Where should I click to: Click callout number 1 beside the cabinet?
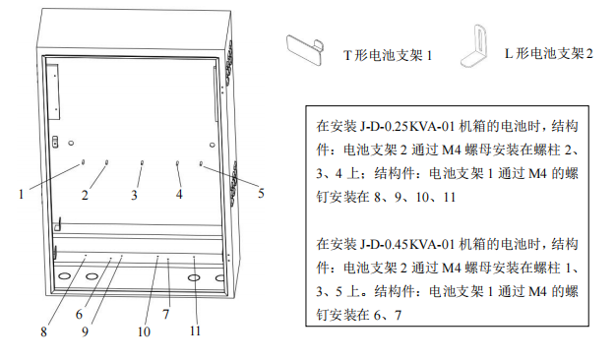(21, 194)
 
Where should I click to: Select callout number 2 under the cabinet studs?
(85, 195)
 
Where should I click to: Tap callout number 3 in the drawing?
(134, 195)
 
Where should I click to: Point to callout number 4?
(179, 194)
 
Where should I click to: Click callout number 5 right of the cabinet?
(261, 193)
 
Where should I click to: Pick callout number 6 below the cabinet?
(80, 314)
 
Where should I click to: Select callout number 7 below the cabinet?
(166, 314)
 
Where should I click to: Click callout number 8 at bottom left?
(44, 331)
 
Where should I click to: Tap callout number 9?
(86, 331)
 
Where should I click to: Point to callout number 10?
(143, 331)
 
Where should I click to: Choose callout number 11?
(195, 331)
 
